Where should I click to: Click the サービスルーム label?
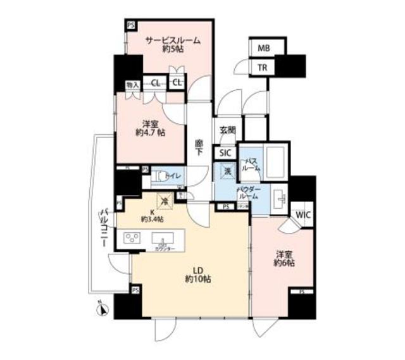tap(173, 40)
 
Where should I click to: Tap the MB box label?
tap(262, 47)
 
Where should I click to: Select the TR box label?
tap(262, 66)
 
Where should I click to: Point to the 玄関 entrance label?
tap(227, 130)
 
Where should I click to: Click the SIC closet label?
tap(226, 152)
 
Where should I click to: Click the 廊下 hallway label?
tap(199, 147)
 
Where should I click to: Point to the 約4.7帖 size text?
tap(151, 133)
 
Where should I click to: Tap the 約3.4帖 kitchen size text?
tap(153, 219)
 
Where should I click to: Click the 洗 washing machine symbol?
tap(226, 170)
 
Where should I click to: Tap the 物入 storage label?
tap(132, 84)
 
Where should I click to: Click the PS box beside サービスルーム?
tap(131, 25)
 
